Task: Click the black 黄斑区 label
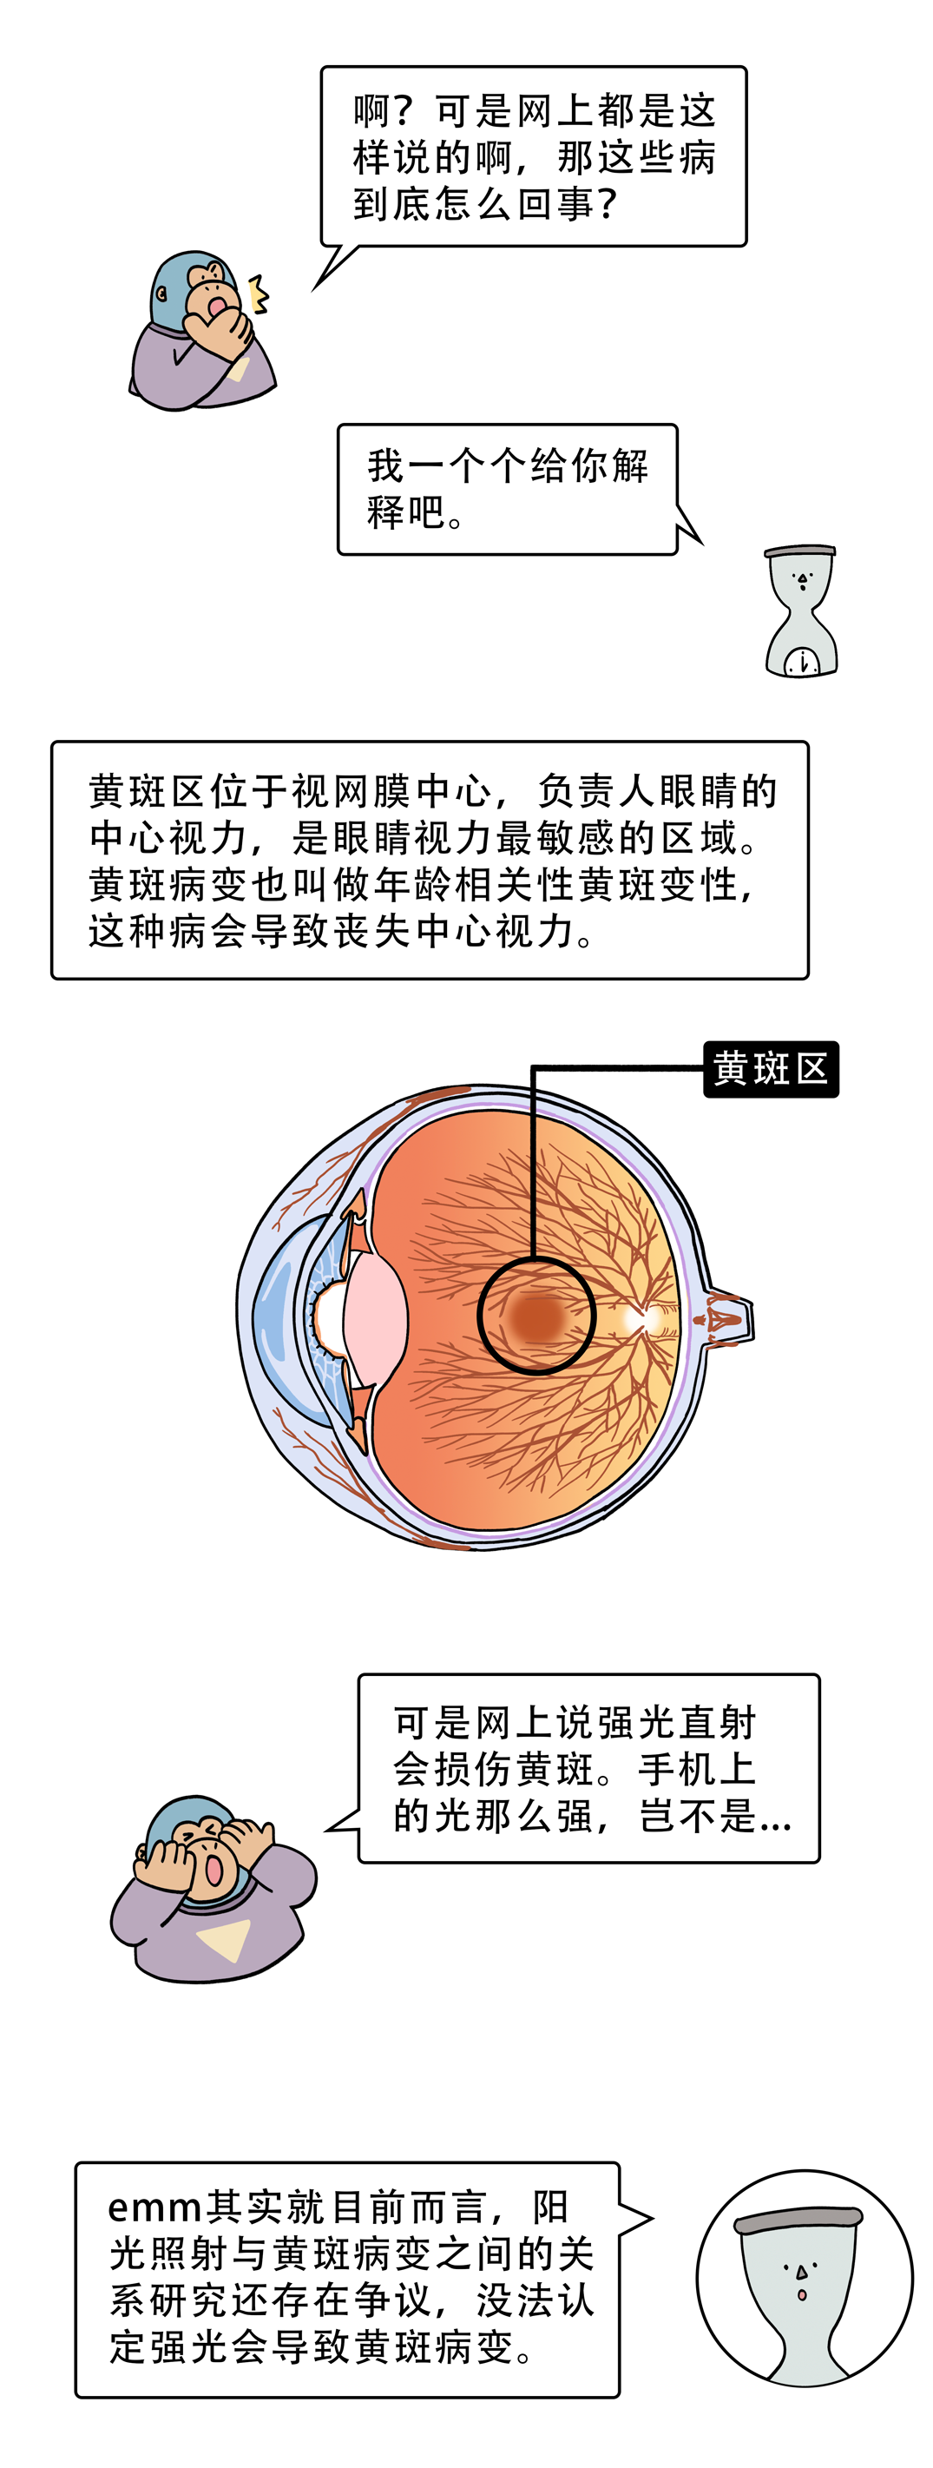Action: [771, 1068]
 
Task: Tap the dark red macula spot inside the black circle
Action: [537, 1316]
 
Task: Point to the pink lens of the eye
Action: [375, 1318]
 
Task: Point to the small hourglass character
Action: [802, 611]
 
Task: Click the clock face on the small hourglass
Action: [802, 661]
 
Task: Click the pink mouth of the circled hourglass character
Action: [803, 2294]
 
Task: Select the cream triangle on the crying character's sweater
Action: [224, 1938]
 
